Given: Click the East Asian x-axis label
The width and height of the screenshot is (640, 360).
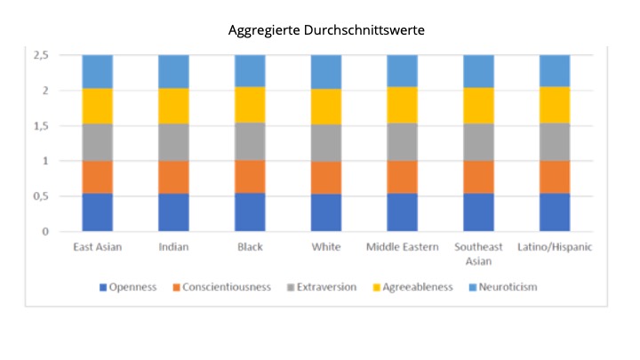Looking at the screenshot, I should tap(98, 246).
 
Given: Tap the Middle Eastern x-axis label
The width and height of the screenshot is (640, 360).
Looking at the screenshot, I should tap(403, 246).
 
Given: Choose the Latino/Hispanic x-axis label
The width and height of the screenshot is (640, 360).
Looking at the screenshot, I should tap(555, 246).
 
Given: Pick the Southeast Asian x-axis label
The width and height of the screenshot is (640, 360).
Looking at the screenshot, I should tap(479, 252).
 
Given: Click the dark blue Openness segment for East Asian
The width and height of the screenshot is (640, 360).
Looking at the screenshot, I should tap(98, 212).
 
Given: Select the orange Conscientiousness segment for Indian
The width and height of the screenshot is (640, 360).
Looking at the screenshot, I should tap(173, 177).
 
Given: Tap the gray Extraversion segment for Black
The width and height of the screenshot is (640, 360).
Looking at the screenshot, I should tap(250, 141).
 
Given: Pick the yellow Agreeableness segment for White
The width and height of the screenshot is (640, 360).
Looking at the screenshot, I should tap(326, 107).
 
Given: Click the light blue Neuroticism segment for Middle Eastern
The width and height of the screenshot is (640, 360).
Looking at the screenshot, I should tap(403, 71).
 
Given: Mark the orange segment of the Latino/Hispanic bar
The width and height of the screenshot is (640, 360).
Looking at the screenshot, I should tap(555, 177).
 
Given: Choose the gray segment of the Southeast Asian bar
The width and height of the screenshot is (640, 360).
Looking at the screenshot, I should tap(479, 141).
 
